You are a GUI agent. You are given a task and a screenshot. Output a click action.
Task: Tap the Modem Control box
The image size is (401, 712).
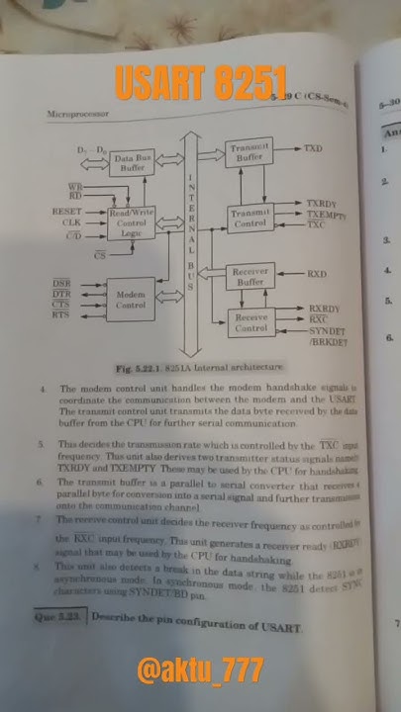coord(131,300)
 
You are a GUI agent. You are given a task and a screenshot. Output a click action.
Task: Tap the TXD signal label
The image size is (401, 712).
coord(312,148)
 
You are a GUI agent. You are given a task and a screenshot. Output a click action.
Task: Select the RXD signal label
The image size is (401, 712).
coord(316,273)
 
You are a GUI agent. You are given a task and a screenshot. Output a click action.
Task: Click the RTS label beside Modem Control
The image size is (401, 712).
coord(60,315)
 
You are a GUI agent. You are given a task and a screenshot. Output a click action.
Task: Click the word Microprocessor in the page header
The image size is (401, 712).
coord(75,116)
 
